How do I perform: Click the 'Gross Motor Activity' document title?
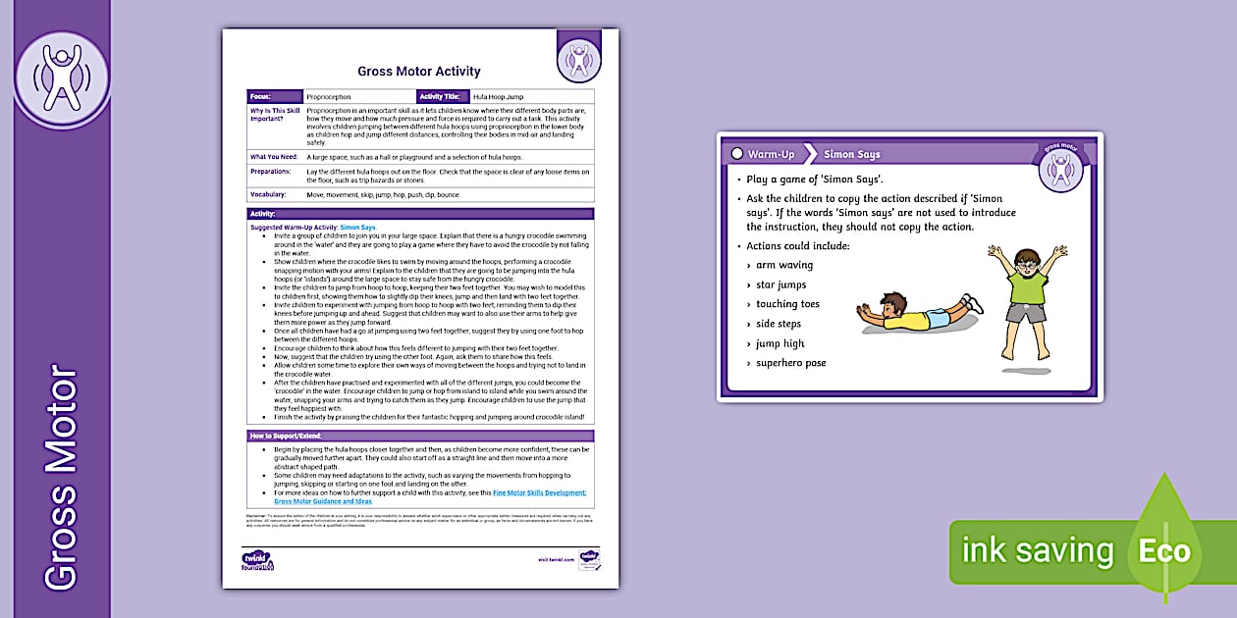point(419,72)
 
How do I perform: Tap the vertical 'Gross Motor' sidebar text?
point(61,478)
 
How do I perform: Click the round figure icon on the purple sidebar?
point(62,79)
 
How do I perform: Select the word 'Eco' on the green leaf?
point(1164,550)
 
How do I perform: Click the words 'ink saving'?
point(1038,550)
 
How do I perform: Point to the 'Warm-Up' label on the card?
point(771,154)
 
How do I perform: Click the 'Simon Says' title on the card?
point(852,154)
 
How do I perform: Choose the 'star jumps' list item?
point(780,284)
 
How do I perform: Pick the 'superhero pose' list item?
point(790,363)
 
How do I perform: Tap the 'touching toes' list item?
point(787,304)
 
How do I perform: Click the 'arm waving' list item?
point(784,265)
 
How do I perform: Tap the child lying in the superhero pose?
point(912,314)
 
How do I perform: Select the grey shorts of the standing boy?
point(1027,313)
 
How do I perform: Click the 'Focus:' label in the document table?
point(260,97)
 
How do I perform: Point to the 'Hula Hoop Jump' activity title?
point(498,97)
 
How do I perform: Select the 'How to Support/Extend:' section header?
point(284,436)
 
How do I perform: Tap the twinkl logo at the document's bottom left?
point(257,560)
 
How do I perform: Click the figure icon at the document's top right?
point(578,60)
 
